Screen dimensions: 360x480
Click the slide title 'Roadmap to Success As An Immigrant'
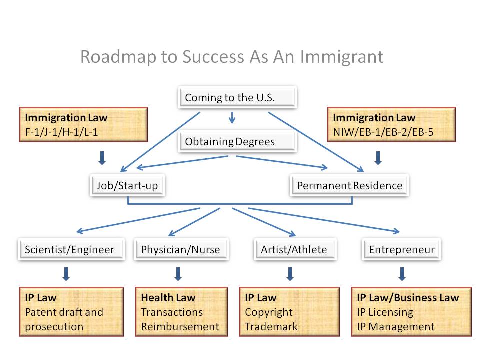(232, 57)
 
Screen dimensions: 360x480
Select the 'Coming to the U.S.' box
(237, 98)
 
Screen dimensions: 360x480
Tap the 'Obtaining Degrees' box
(237, 142)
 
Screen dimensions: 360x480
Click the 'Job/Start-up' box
(127, 186)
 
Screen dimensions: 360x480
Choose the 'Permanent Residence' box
(349, 186)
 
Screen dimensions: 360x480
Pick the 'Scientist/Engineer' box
(70, 250)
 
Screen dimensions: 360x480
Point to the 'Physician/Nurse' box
(180, 250)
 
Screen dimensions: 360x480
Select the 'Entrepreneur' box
(402, 250)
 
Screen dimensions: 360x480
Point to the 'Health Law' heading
(168, 298)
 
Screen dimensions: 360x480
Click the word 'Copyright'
(268, 312)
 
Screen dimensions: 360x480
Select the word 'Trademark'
(271, 327)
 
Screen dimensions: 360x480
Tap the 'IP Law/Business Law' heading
(407, 298)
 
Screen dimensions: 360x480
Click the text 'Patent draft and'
(64, 312)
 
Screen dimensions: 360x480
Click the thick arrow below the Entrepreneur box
(402, 274)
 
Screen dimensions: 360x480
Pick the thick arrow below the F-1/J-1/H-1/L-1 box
(102, 158)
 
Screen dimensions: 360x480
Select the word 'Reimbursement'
(180, 327)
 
